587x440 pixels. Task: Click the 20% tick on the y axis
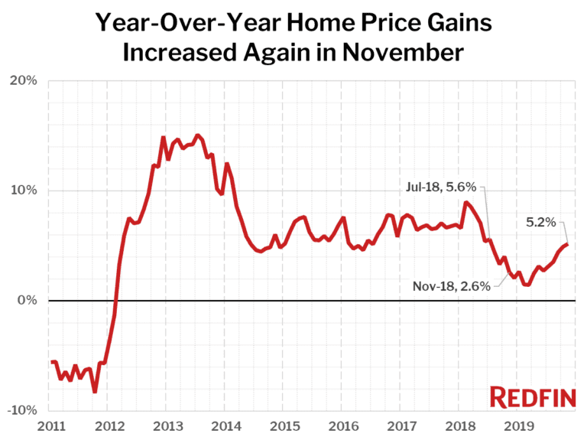tap(26, 80)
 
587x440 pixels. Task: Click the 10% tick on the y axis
tap(26, 191)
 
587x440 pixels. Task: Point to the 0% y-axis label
tap(30, 301)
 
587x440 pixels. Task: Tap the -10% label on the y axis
tap(24, 411)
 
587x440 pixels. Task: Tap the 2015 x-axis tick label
tap(284, 425)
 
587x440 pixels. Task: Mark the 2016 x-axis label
tap(342, 425)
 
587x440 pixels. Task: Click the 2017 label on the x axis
tap(401, 425)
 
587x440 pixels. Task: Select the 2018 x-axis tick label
tap(460, 425)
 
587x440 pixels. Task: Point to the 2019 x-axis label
tap(519, 425)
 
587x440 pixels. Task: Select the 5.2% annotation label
tap(540, 223)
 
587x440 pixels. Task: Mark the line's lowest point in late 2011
tap(95, 392)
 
